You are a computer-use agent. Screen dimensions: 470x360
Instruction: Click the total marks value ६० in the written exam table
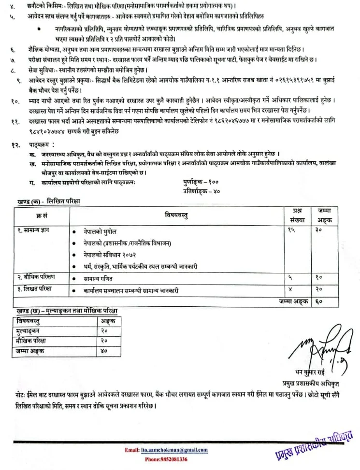click(x=318, y=301)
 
